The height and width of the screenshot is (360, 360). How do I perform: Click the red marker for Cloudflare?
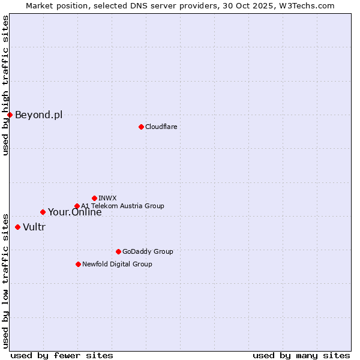(x=141, y=127)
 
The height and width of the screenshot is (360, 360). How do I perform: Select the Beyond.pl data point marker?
(x=10, y=115)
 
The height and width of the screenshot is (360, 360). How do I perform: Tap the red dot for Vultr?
(x=17, y=227)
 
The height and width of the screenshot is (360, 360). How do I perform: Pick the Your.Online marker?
(x=43, y=212)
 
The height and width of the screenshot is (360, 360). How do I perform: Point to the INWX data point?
(x=94, y=198)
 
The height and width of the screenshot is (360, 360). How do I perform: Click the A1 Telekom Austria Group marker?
(x=77, y=206)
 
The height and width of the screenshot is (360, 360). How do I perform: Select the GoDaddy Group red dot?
(x=118, y=251)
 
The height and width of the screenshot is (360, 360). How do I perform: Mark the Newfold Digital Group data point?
(x=78, y=264)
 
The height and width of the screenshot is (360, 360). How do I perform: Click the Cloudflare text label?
(x=161, y=127)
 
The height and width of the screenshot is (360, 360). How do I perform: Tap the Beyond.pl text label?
(x=38, y=115)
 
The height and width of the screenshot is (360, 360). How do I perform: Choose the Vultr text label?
(x=34, y=227)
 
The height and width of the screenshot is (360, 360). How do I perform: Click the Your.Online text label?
(x=74, y=212)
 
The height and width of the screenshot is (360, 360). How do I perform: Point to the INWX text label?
(x=107, y=198)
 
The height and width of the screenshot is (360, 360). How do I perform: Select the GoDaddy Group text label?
(x=147, y=251)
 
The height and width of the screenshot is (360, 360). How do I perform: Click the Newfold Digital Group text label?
(x=117, y=264)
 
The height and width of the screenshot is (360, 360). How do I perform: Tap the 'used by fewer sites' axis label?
(x=62, y=355)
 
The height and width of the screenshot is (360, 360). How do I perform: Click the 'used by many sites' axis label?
(x=301, y=355)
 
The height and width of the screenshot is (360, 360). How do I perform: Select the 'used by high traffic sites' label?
(x=5, y=85)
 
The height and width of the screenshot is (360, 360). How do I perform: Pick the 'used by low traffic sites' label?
(x=5, y=280)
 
